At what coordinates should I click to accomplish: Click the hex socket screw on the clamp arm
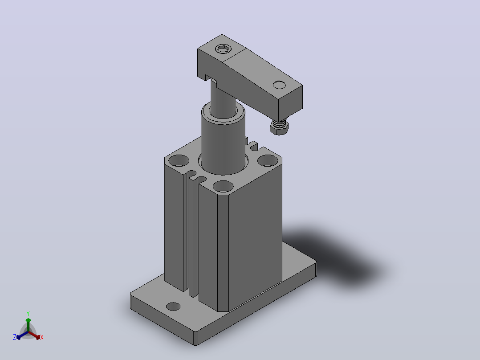point(224,49)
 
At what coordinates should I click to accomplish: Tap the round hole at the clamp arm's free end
point(279,85)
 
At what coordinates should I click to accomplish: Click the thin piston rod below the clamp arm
point(223,101)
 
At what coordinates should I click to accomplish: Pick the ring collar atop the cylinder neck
point(223,113)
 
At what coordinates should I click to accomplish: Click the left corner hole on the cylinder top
point(179,160)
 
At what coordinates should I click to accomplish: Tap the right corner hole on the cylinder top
point(268,160)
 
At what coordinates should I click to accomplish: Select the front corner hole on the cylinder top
point(223,186)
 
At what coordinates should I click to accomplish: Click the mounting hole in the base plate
point(173,307)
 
